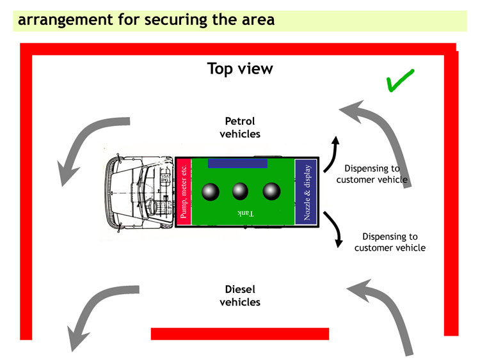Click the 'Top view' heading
coord(240,69)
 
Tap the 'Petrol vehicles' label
coord(240,127)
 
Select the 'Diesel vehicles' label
coord(240,296)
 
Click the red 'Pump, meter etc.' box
coord(184,192)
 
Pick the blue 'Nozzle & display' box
coord(306,192)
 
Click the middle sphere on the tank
coord(240,191)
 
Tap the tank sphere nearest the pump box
coord(211,192)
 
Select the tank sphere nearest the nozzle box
coord(271,191)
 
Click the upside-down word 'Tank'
coord(246,213)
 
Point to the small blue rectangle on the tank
coord(237,163)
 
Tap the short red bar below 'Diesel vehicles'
coord(240,334)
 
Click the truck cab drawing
coord(140,192)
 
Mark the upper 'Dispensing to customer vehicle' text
coord(372,174)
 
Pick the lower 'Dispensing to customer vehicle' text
coord(390,242)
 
